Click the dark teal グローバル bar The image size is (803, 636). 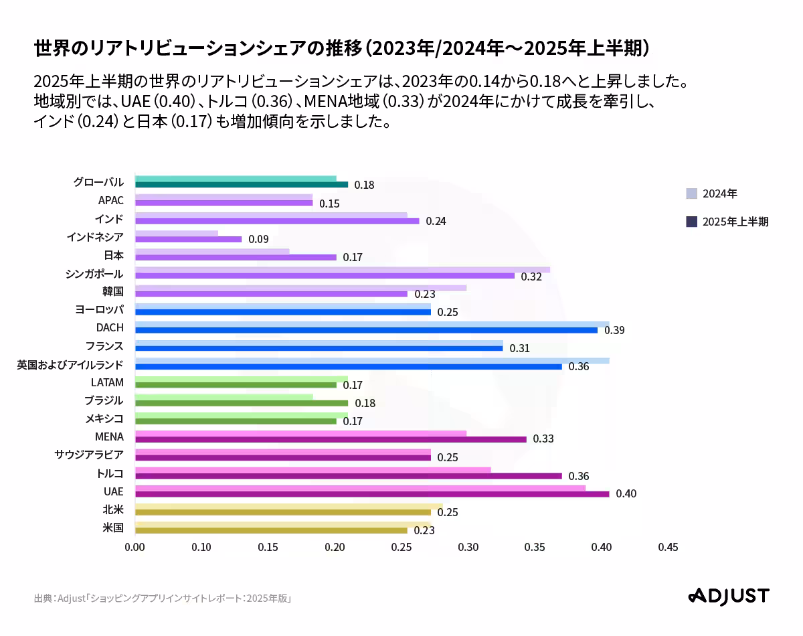click(x=241, y=185)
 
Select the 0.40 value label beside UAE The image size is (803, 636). click(x=626, y=494)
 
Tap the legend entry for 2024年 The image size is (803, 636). click(x=711, y=194)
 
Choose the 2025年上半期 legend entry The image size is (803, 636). click(x=727, y=222)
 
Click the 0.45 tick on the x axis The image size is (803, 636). click(x=668, y=548)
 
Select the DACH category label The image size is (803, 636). click(x=110, y=328)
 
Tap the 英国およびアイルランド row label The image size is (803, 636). click(x=70, y=364)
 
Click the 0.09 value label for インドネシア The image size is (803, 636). click(x=258, y=240)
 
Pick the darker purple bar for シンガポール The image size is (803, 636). click(x=325, y=276)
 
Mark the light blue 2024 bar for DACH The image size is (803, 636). click(x=372, y=324)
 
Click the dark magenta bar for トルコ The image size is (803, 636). click(x=348, y=476)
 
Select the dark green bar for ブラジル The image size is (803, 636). click(x=241, y=403)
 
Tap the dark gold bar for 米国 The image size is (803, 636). click(x=271, y=530)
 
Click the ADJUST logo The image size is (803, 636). click(x=729, y=596)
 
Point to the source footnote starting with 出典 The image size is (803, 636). click(x=163, y=599)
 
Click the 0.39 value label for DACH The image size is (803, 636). click(x=614, y=331)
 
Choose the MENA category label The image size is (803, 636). click(x=109, y=437)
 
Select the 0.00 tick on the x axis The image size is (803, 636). click(x=135, y=548)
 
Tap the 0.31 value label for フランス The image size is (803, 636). click(x=519, y=349)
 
